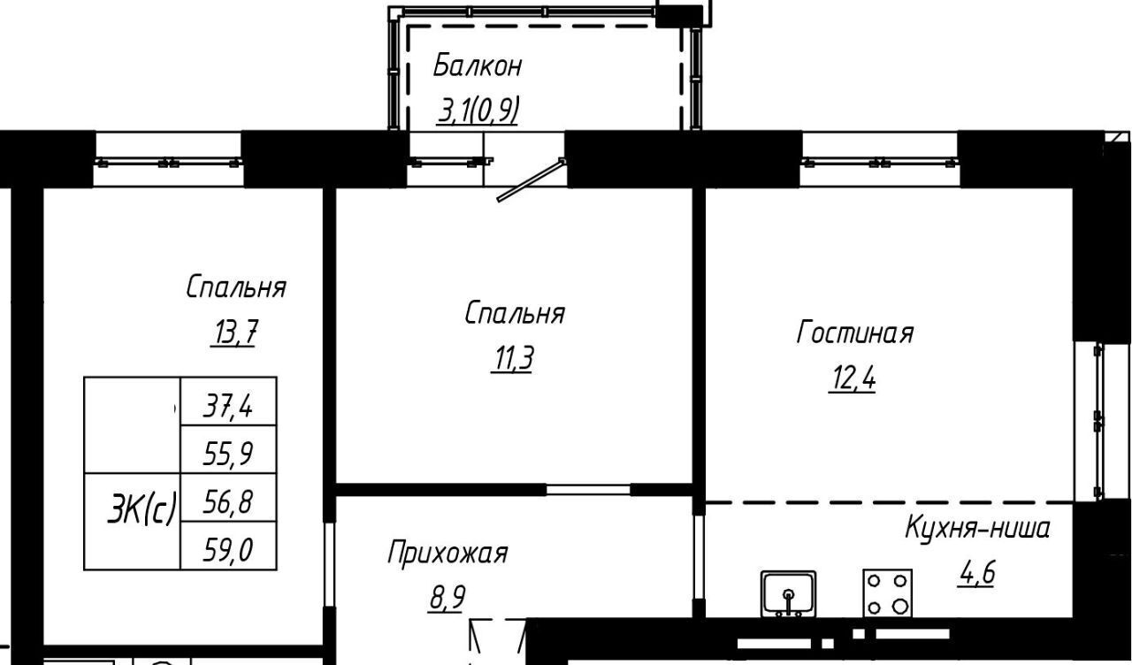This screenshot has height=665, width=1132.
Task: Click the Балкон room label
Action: pyautogui.click(x=478, y=66)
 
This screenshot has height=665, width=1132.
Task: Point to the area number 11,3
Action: pyautogui.click(x=512, y=359)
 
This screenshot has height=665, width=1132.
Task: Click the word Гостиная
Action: pyautogui.click(x=855, y=333)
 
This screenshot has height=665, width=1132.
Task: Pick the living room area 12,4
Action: pyautogui.click(x=852, y=378)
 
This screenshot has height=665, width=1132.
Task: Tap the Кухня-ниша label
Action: pyautogui.click(x=978, y=529)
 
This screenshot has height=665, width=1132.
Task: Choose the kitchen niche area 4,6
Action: pyautogui.click(x=975, y=574)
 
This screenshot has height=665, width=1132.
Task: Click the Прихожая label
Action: pyautogui.click(x=447, y=553)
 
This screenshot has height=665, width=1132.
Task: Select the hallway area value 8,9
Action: pyautogui.click(x=447, y=599)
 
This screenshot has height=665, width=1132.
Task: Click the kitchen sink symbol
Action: pyautogui.click(x=788, y=593)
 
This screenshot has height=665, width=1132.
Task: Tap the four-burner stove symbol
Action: pyautogui.click(x=887, y=593)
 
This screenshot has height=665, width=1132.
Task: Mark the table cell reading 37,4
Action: pyautogui.click(x=228, y=401)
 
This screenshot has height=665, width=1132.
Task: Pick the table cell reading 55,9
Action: pyautogui.click(x=228, y=450)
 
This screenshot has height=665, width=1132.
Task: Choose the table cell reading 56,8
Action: pyautogui.click(x=228, y=498)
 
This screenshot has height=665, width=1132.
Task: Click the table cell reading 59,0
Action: pyautogui.click(x=228, y=546)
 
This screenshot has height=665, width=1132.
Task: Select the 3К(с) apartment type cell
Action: pyautogui.click(x=133, y=522)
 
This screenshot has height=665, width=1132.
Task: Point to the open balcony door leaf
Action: pyautogui.click(x=531, y=180)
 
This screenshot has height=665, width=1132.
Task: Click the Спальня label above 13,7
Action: pyautogui.click(x=236, y=288)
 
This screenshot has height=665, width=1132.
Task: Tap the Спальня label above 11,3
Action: pyautogui.click(x=515, y=314)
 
